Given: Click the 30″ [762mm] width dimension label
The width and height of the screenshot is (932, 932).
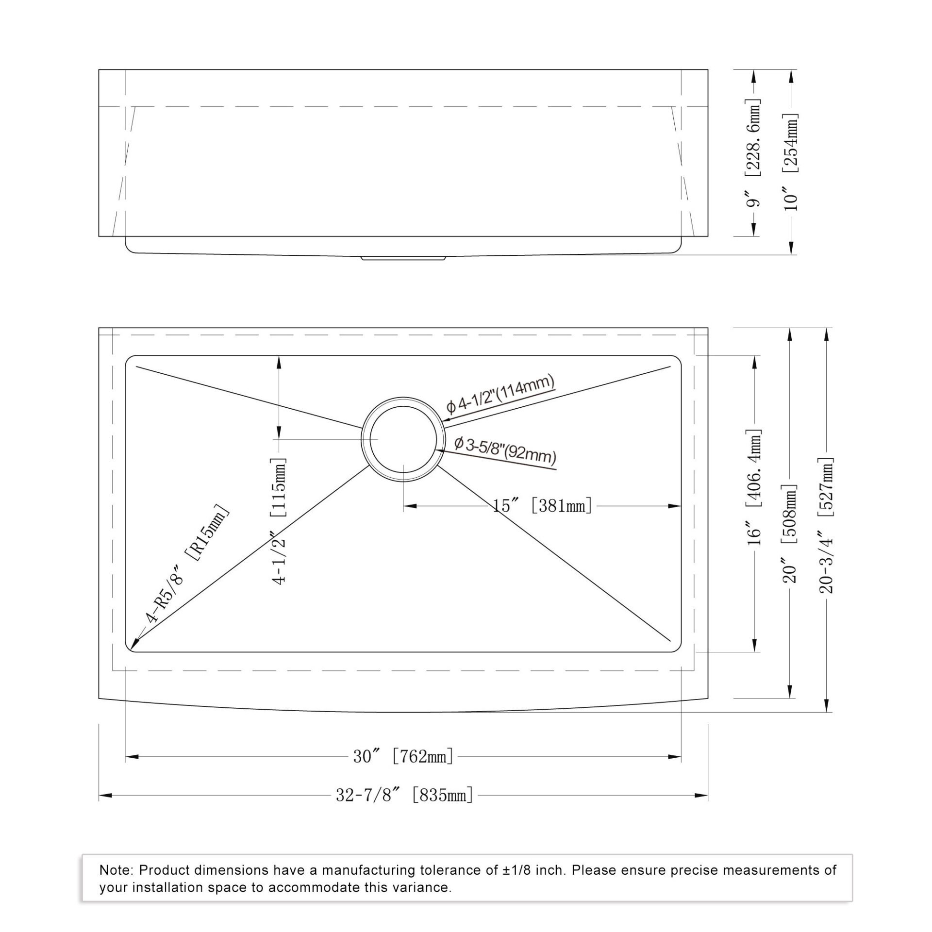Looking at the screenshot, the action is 403,756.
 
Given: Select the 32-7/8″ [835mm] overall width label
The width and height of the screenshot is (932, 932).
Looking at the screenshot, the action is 404,795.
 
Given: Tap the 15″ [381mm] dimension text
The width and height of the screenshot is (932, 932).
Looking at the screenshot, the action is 542,506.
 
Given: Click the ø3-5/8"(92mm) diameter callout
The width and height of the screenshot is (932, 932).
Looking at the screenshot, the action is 505,450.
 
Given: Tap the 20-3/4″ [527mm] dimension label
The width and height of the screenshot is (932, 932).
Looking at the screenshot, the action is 826,525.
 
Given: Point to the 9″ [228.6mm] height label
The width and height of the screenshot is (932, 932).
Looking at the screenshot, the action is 753,153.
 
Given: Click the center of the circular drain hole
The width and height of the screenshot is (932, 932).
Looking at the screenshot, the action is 403,439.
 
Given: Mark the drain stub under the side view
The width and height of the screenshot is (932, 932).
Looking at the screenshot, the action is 403,258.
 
